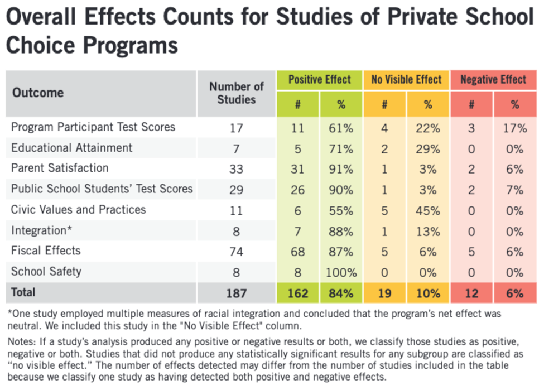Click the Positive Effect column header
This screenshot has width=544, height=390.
pos(320,80)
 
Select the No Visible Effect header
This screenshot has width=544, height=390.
pos(406,80)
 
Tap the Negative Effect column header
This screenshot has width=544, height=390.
pos(493,80)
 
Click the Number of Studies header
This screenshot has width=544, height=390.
pos(237,93)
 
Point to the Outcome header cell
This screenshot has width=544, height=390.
pos(38,93)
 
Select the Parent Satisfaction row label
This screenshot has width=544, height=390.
pos(60,168)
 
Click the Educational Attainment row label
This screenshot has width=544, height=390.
pos(72,148)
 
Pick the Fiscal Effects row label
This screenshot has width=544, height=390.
pos(46,251)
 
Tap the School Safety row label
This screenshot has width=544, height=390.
pos(46,272)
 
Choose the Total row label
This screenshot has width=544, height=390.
pos(23,292)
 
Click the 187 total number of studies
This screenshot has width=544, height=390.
pos(237,293)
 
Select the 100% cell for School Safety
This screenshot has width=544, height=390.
pos(341,272)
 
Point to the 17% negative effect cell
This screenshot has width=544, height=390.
pos(514,128)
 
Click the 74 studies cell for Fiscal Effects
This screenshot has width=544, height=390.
pos(237,251)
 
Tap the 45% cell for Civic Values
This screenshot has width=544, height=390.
pos(428,210)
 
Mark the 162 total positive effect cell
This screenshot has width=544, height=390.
pos(298,293)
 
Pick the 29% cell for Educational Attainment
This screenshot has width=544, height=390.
pos(428,148)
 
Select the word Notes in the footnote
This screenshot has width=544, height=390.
pos(22,339)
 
